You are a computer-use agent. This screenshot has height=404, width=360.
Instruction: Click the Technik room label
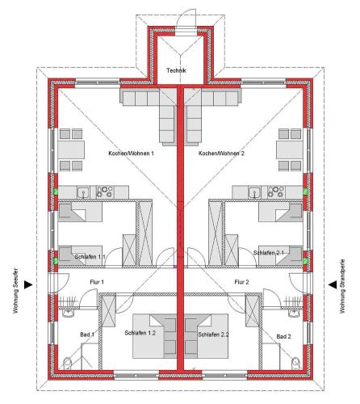click(176, 70)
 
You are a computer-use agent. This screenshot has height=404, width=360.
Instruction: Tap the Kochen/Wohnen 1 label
click(131, 154)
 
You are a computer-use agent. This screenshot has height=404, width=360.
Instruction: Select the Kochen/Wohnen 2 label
click(221, 154)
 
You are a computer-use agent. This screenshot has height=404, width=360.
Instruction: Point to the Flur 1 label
click(97, 282)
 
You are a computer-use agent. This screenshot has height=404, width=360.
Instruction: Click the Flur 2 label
click(241, 282)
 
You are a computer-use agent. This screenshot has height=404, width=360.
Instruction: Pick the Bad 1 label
click(87, 335)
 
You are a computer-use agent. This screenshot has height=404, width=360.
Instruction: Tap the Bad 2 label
click(283, 336)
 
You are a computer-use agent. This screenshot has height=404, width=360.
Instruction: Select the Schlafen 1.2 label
click(140, 333)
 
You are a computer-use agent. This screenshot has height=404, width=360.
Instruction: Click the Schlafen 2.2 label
click(213, 335)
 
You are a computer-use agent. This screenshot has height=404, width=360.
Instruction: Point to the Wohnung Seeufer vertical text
click(15, 290)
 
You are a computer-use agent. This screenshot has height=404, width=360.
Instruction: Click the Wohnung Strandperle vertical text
click(342, 286)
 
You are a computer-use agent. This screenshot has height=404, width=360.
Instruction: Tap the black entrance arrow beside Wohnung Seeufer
click(28, 284)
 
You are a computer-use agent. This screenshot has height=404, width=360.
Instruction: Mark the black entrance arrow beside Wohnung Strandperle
click(333, 284)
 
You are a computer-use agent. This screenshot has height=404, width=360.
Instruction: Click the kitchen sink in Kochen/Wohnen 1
click(84, 192)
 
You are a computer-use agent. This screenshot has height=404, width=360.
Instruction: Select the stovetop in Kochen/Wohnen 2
click(275, 191)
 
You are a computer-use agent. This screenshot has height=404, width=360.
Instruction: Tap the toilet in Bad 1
click(67, 364)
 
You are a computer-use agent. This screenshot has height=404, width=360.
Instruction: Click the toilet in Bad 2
click(295, 364)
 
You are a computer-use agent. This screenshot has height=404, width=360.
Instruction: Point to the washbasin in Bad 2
click(294, 313)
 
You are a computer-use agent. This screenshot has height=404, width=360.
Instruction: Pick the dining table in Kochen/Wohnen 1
click(71, 149)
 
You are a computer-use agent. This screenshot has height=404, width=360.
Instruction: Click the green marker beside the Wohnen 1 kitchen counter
click(56, 191)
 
